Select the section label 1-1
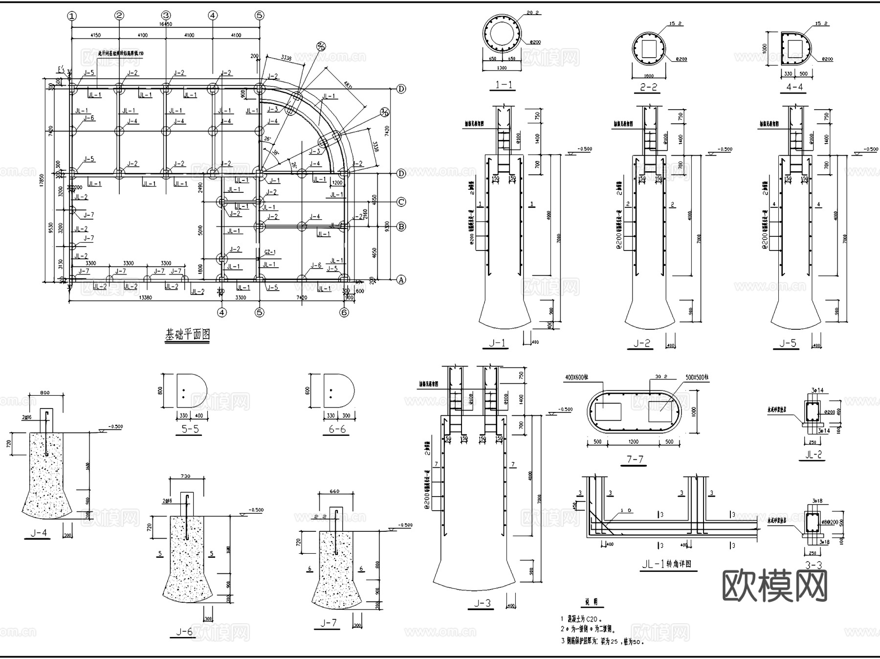504,85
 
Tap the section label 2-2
648,87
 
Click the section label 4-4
794,87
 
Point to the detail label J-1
497,343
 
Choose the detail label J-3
482,603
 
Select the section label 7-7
635,459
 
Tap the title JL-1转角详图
666,564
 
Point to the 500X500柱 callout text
697,378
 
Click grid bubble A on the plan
401,280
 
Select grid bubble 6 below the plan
344,312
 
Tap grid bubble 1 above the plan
72,16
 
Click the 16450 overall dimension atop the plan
166,24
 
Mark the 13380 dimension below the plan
145,297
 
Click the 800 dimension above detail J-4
44,392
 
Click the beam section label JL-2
813,454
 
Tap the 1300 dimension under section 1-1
502,68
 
